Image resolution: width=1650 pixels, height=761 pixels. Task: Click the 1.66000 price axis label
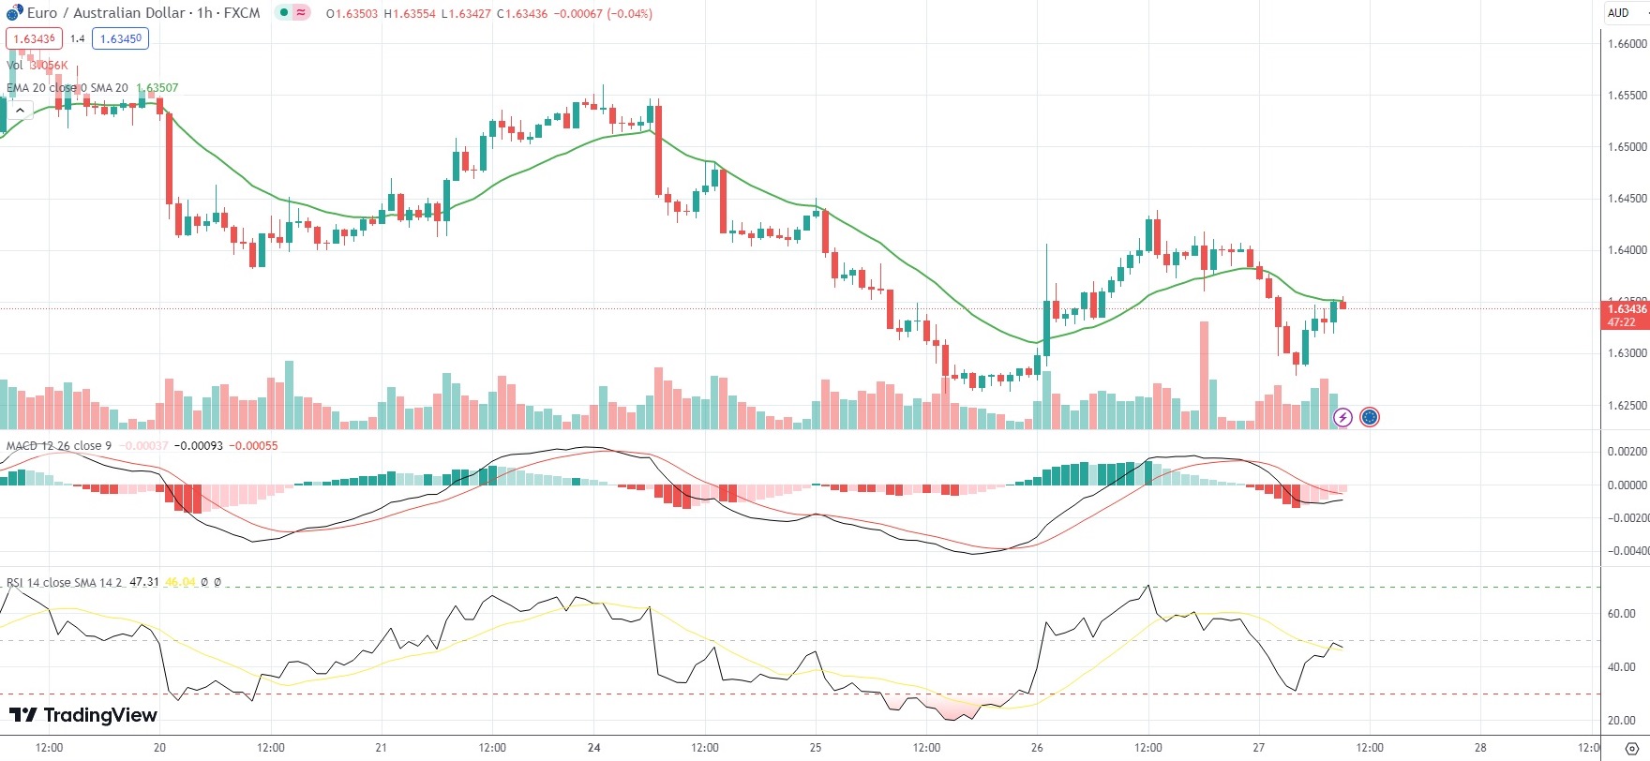point(1627,44)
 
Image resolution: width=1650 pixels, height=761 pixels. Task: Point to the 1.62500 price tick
point(1627,406)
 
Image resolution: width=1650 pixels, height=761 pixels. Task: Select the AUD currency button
point(1618,13)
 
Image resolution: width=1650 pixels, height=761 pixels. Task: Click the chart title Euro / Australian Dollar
point(106,13)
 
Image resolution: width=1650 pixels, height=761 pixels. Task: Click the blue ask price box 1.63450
point(121,38)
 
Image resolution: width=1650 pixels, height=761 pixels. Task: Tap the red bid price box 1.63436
point(35,38)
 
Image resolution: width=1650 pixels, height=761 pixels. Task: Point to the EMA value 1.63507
point(157,88)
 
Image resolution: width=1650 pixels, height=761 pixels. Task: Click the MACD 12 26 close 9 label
point(59,445)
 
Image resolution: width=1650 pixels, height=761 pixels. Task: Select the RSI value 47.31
point(144,582)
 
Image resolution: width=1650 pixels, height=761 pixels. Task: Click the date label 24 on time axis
point(594,748)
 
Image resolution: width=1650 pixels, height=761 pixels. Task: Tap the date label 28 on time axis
point(1480,748)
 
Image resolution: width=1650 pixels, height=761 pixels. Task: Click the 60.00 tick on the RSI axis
point(1621,614)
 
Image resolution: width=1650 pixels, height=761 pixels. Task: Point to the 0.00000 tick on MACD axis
point(1627,485)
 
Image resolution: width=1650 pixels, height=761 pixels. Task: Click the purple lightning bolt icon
point(1342,417)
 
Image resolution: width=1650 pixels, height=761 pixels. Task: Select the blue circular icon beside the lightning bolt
point(1370,417)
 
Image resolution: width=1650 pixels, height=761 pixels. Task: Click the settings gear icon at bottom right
point(1631,748)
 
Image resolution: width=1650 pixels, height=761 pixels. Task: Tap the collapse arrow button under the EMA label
point(20,111)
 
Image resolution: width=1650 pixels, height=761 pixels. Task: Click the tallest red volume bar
point(1204,375)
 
